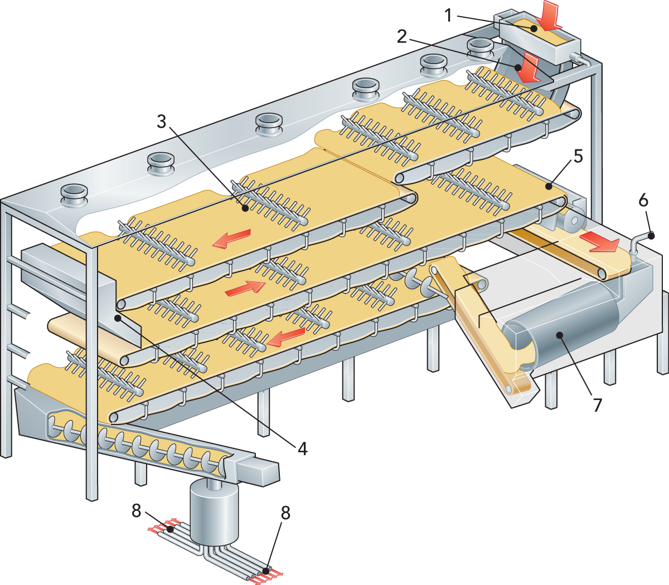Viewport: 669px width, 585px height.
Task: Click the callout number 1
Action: click(449, 16)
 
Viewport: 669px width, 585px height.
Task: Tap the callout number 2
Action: click(402, 37)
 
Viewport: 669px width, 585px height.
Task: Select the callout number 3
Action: click(161, 122)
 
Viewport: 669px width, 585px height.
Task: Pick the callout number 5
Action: click(578, 157)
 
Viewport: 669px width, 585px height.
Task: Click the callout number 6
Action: click(643, 201)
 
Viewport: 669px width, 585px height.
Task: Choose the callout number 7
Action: click(597, 406)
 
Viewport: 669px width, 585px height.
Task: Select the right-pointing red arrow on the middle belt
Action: click(245, 288)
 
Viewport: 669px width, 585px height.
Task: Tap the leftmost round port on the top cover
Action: click(75, 195)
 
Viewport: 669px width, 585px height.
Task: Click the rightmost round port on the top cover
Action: click(480, 48)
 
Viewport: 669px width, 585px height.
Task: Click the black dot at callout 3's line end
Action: click(245, 208)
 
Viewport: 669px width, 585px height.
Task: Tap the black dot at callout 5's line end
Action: click(549, 187)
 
